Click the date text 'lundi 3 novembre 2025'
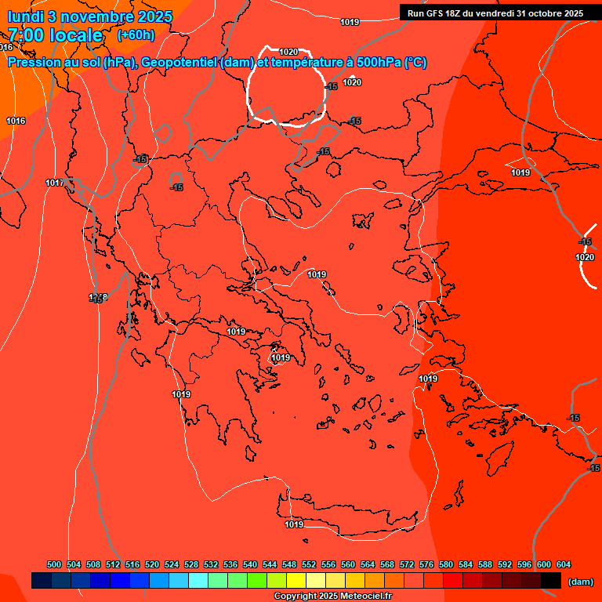coord(89,16)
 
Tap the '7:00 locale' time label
coord(55,35)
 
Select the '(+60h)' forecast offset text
coord(136,35)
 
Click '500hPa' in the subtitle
coord(373,63)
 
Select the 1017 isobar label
coord(54,183)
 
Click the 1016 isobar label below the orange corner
coord(16,121)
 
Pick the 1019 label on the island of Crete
coord(294,524)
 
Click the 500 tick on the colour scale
coord(54,565)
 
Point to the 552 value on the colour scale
coord(309,565)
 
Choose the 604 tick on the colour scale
coord(564,565)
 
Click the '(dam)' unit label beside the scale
coord(580,582)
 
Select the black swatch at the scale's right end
coord(551,581)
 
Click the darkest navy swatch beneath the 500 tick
coord(42,581)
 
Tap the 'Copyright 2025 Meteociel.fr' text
coord(332,597)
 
